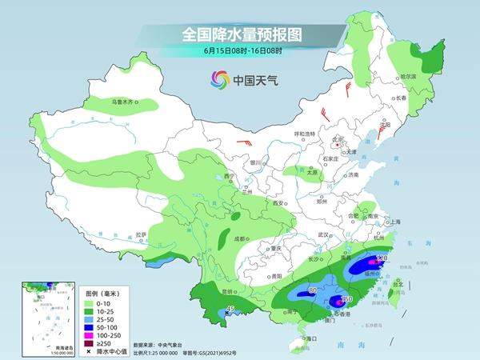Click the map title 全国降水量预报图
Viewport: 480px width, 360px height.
pos(239,34)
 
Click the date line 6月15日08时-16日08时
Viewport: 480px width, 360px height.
pos(239,52)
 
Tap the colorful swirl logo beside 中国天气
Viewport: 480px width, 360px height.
pos(219,79)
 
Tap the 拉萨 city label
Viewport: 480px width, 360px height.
pos(142,234)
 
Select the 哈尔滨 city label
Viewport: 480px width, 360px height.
pos(409,76)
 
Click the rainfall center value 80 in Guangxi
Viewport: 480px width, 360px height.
pos(312,290)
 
